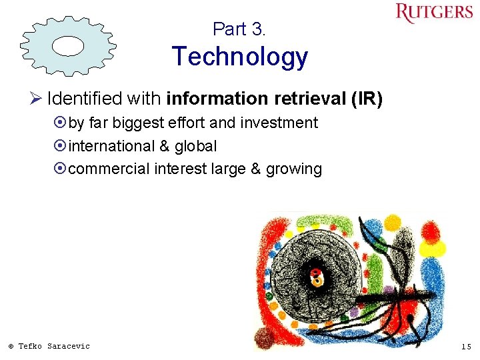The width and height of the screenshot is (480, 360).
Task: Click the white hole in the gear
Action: tap(67, 45)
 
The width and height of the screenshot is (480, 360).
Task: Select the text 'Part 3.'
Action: tap(239, 29)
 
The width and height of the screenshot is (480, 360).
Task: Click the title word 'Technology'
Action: tap(239, 57)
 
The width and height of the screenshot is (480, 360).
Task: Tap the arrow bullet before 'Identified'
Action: tap(37, 99)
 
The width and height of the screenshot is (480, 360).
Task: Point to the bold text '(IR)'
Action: tap(367, 99)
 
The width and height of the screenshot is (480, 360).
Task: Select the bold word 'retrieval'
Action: tap(309, 99)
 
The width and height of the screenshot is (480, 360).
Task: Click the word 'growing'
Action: tap(293, 169)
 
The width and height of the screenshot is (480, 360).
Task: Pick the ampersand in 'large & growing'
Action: tap(255, 169)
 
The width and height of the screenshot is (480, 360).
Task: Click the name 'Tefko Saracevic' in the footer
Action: tap(53, 346)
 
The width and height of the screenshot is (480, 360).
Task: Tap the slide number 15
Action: tap(465, 346)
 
